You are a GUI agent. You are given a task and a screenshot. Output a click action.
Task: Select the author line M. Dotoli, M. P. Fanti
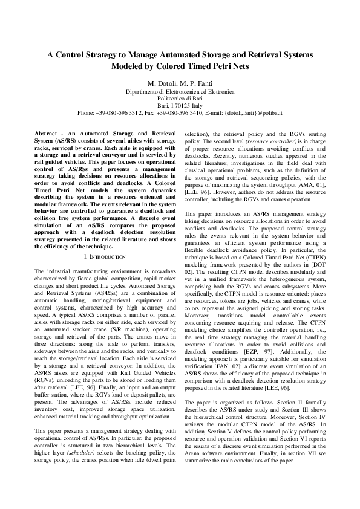click(180, 82)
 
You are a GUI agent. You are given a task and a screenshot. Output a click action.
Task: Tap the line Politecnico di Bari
click(180, 97)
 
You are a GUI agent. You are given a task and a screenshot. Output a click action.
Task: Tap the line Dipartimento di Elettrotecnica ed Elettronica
click(180, 90)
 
